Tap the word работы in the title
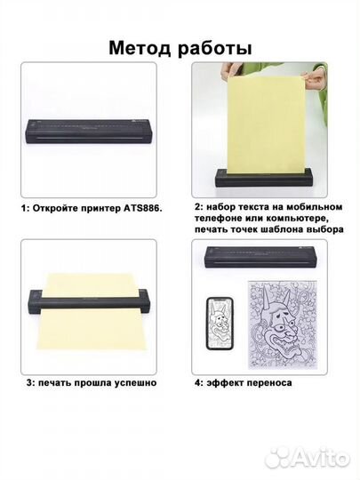pos(214,49)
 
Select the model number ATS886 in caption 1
pos(142,209)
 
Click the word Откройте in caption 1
pos(54,209)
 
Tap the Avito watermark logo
pos(307,460)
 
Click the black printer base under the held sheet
pos(265,178)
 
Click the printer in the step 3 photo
pos(90,301)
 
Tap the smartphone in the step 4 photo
pos(220,323)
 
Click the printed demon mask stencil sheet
pos(283,324)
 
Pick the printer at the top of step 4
pos(260,258)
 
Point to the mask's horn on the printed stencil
pos(266,296)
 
